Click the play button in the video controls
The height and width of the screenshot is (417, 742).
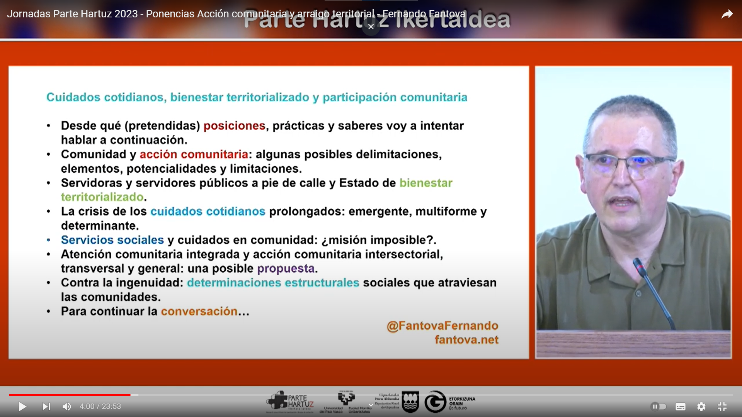tap(22, 407)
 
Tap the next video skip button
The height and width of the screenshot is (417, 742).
tap(46, 407)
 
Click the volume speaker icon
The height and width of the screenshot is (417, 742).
tap(66, 407)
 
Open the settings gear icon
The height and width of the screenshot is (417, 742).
tap(701, 407)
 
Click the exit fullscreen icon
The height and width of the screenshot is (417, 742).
tap(722, 407)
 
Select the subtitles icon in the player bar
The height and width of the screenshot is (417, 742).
tap(680, 407)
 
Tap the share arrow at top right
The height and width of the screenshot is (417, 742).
tap(727, 15)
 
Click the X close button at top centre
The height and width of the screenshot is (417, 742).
tap(371, 27)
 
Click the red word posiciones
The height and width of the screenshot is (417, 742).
tap(234, 126)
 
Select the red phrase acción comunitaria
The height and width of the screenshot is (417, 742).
tap(194, 154)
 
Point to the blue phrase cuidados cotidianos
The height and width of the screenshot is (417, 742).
tap(208, 212)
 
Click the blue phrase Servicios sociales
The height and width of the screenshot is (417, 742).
tap(112, 240)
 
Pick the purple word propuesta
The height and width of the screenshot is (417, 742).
tap(286, 268)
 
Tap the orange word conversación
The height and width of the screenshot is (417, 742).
tap(199, 311)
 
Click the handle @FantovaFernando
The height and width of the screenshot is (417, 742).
tap(442, 325)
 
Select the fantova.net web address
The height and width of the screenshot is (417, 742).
tap(466, 340)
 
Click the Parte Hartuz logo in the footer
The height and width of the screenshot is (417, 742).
tap(290, 402)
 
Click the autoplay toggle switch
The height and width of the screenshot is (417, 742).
tap(658, 407)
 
